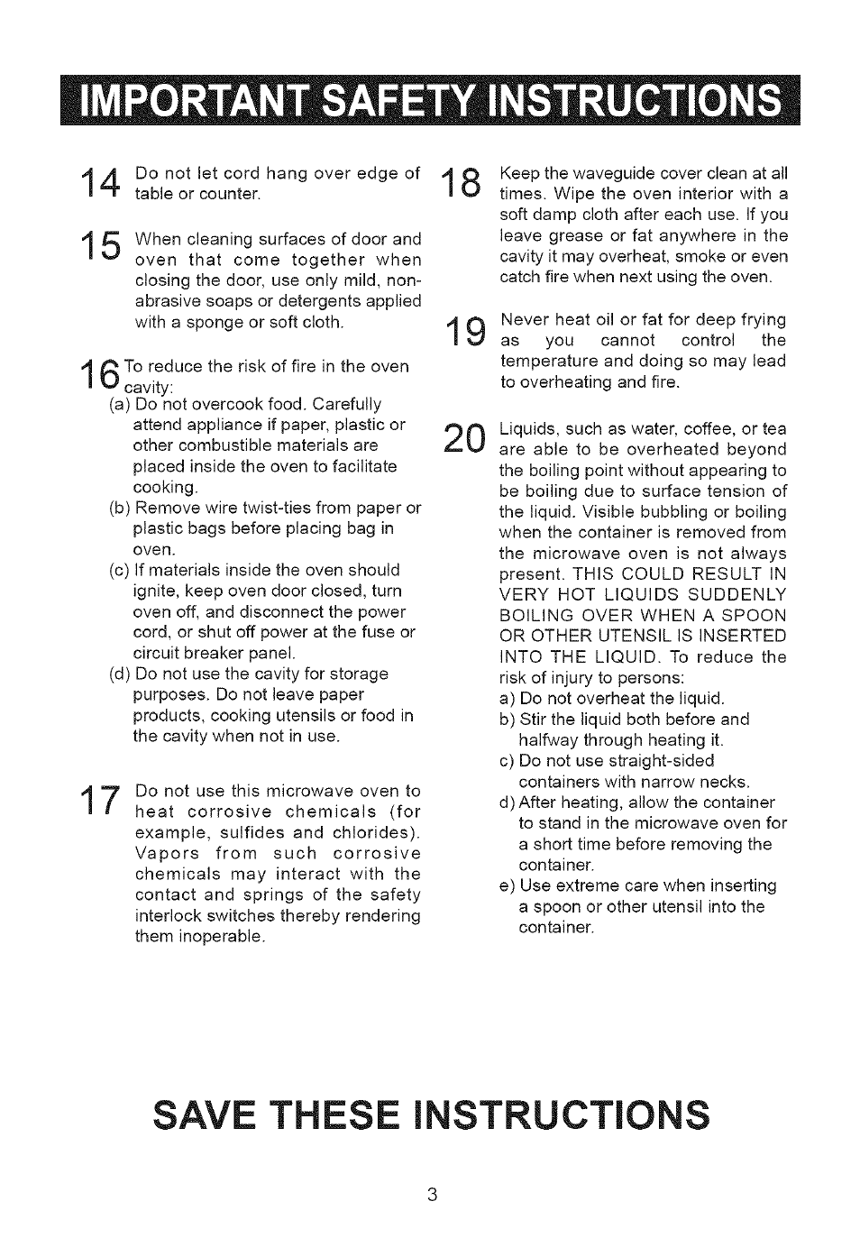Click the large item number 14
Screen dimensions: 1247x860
tap(101, 184)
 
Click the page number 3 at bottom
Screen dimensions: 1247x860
tap(431, 1196)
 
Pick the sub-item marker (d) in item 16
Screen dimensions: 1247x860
tap(121, 674)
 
